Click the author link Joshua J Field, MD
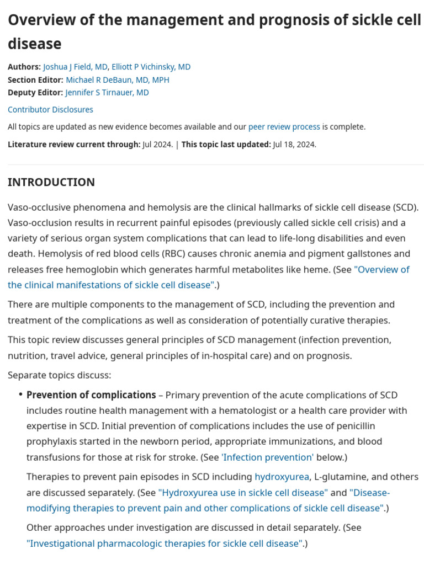pos(75,67)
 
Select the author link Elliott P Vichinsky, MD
pos(151,67)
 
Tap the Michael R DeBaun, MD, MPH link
pos(117,79)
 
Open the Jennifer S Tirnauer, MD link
pos(107,92)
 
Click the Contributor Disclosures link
pos(50,109)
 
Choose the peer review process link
pos(284,126)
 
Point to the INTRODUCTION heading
pos(51,182)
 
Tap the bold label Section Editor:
pos(35,79)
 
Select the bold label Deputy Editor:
pos(35,92)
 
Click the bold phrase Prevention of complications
pos(91,395)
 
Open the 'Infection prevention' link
pos(267,457)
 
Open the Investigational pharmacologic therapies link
pos(164,543)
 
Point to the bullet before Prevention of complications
pos(20,395)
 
